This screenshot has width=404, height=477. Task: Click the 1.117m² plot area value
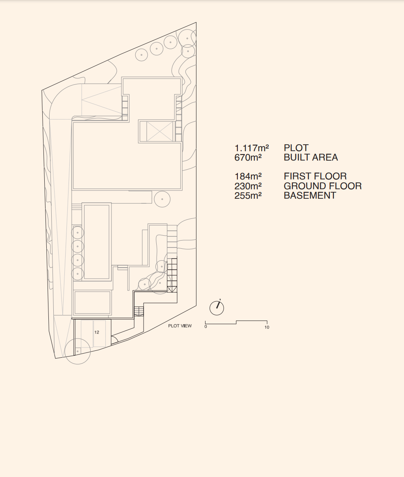[x=251, y=148]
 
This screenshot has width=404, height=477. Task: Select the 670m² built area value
[x=248, y=158]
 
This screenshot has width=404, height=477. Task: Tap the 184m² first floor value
[x=248, y=177]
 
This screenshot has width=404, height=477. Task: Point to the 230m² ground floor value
[x=248, y=186]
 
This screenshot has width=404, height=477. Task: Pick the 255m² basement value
[x=248, y=195]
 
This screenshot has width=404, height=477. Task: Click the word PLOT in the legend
[x=296, y=148]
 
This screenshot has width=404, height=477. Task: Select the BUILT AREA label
[x=311, y=158]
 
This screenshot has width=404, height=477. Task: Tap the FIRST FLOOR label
[x=315, y=177]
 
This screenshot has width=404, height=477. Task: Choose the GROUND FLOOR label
[x=323, y=186]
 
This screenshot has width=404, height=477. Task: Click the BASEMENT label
[x=310, y=195]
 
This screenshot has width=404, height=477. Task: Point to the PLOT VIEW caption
[x=180, y=326]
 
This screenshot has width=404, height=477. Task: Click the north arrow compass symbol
[x=217, y=308]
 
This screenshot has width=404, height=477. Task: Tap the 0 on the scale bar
[x=206, y=327]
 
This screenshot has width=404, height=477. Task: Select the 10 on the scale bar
[x=267, y=327]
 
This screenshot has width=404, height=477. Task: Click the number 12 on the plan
[x=97, y=332]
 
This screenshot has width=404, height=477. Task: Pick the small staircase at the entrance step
[x=139, y=311]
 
